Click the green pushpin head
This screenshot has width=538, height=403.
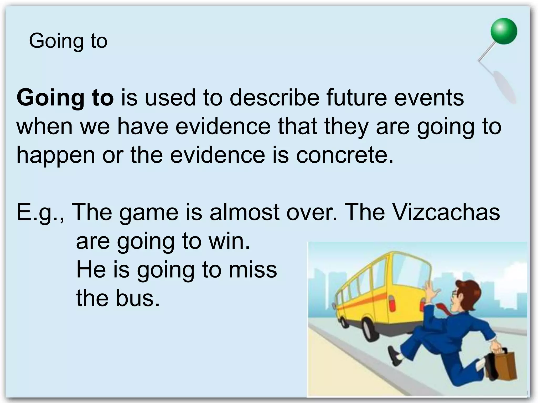pyautogui.click(x=504, y=31)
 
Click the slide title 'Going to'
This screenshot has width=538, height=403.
pyautogui.click(x=68, y=41)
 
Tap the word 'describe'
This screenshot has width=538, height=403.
pyautogui.click(x=275, y=98)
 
